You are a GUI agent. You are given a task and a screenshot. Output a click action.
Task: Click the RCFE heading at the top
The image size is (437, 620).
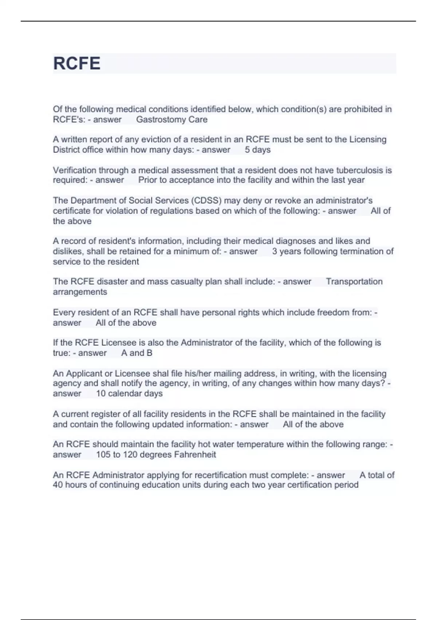[x=77, y=63]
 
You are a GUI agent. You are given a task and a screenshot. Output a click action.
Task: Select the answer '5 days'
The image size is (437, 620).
[x=257, y=150]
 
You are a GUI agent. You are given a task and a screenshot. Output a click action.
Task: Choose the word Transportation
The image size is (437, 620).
[x=354, y=282]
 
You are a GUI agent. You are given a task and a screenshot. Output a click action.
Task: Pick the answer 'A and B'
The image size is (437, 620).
[x=137, y=353]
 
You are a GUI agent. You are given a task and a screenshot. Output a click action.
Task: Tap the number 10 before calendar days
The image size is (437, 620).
[x=101, y=394]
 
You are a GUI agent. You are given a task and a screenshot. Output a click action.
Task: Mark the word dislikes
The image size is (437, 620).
[x=67, y=251]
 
